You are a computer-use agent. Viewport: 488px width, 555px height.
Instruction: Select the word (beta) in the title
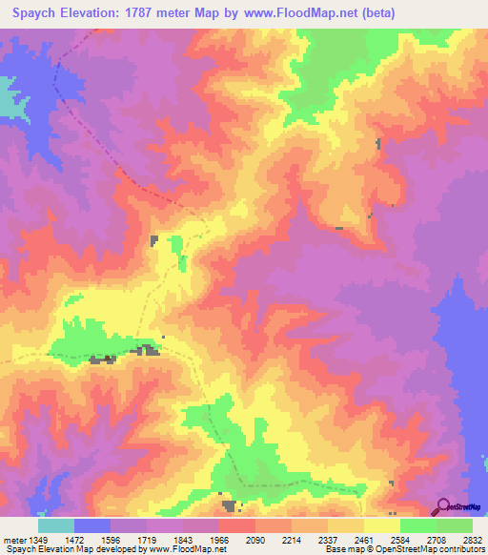click(370, 12)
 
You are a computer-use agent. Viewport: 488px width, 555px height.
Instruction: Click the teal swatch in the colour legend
click(56, 525)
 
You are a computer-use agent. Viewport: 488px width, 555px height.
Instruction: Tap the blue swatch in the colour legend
click(92, 525)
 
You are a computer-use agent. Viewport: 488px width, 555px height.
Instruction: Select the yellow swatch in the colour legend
click(381, 525)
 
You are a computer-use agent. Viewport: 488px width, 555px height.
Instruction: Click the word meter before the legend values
click(14, 540)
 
